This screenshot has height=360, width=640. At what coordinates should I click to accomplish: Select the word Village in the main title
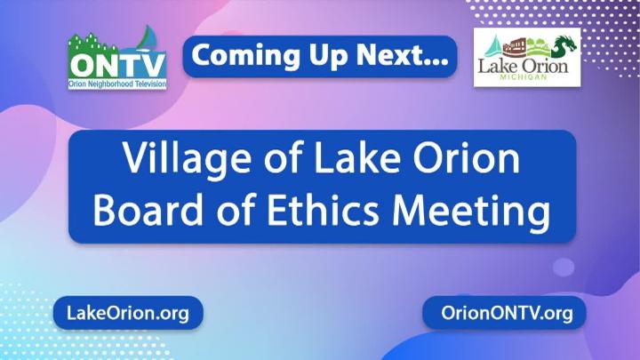188,160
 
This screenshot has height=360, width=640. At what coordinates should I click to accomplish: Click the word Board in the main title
148,210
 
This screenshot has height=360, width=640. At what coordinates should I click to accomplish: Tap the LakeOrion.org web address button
128,313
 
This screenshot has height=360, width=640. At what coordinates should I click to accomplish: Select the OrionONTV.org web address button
505,313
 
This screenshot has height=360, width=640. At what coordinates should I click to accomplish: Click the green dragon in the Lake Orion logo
564,45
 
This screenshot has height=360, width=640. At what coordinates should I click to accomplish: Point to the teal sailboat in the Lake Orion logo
494,47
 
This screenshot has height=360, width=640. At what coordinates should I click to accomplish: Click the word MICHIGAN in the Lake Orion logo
523,76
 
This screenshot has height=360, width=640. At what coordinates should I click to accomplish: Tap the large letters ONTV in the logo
117,66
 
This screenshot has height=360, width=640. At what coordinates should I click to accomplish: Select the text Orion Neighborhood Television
117,84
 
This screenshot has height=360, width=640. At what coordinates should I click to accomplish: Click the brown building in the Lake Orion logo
516,47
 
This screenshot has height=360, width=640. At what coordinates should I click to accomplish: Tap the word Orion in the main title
466,158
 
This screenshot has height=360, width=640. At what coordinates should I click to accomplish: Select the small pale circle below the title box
564,267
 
